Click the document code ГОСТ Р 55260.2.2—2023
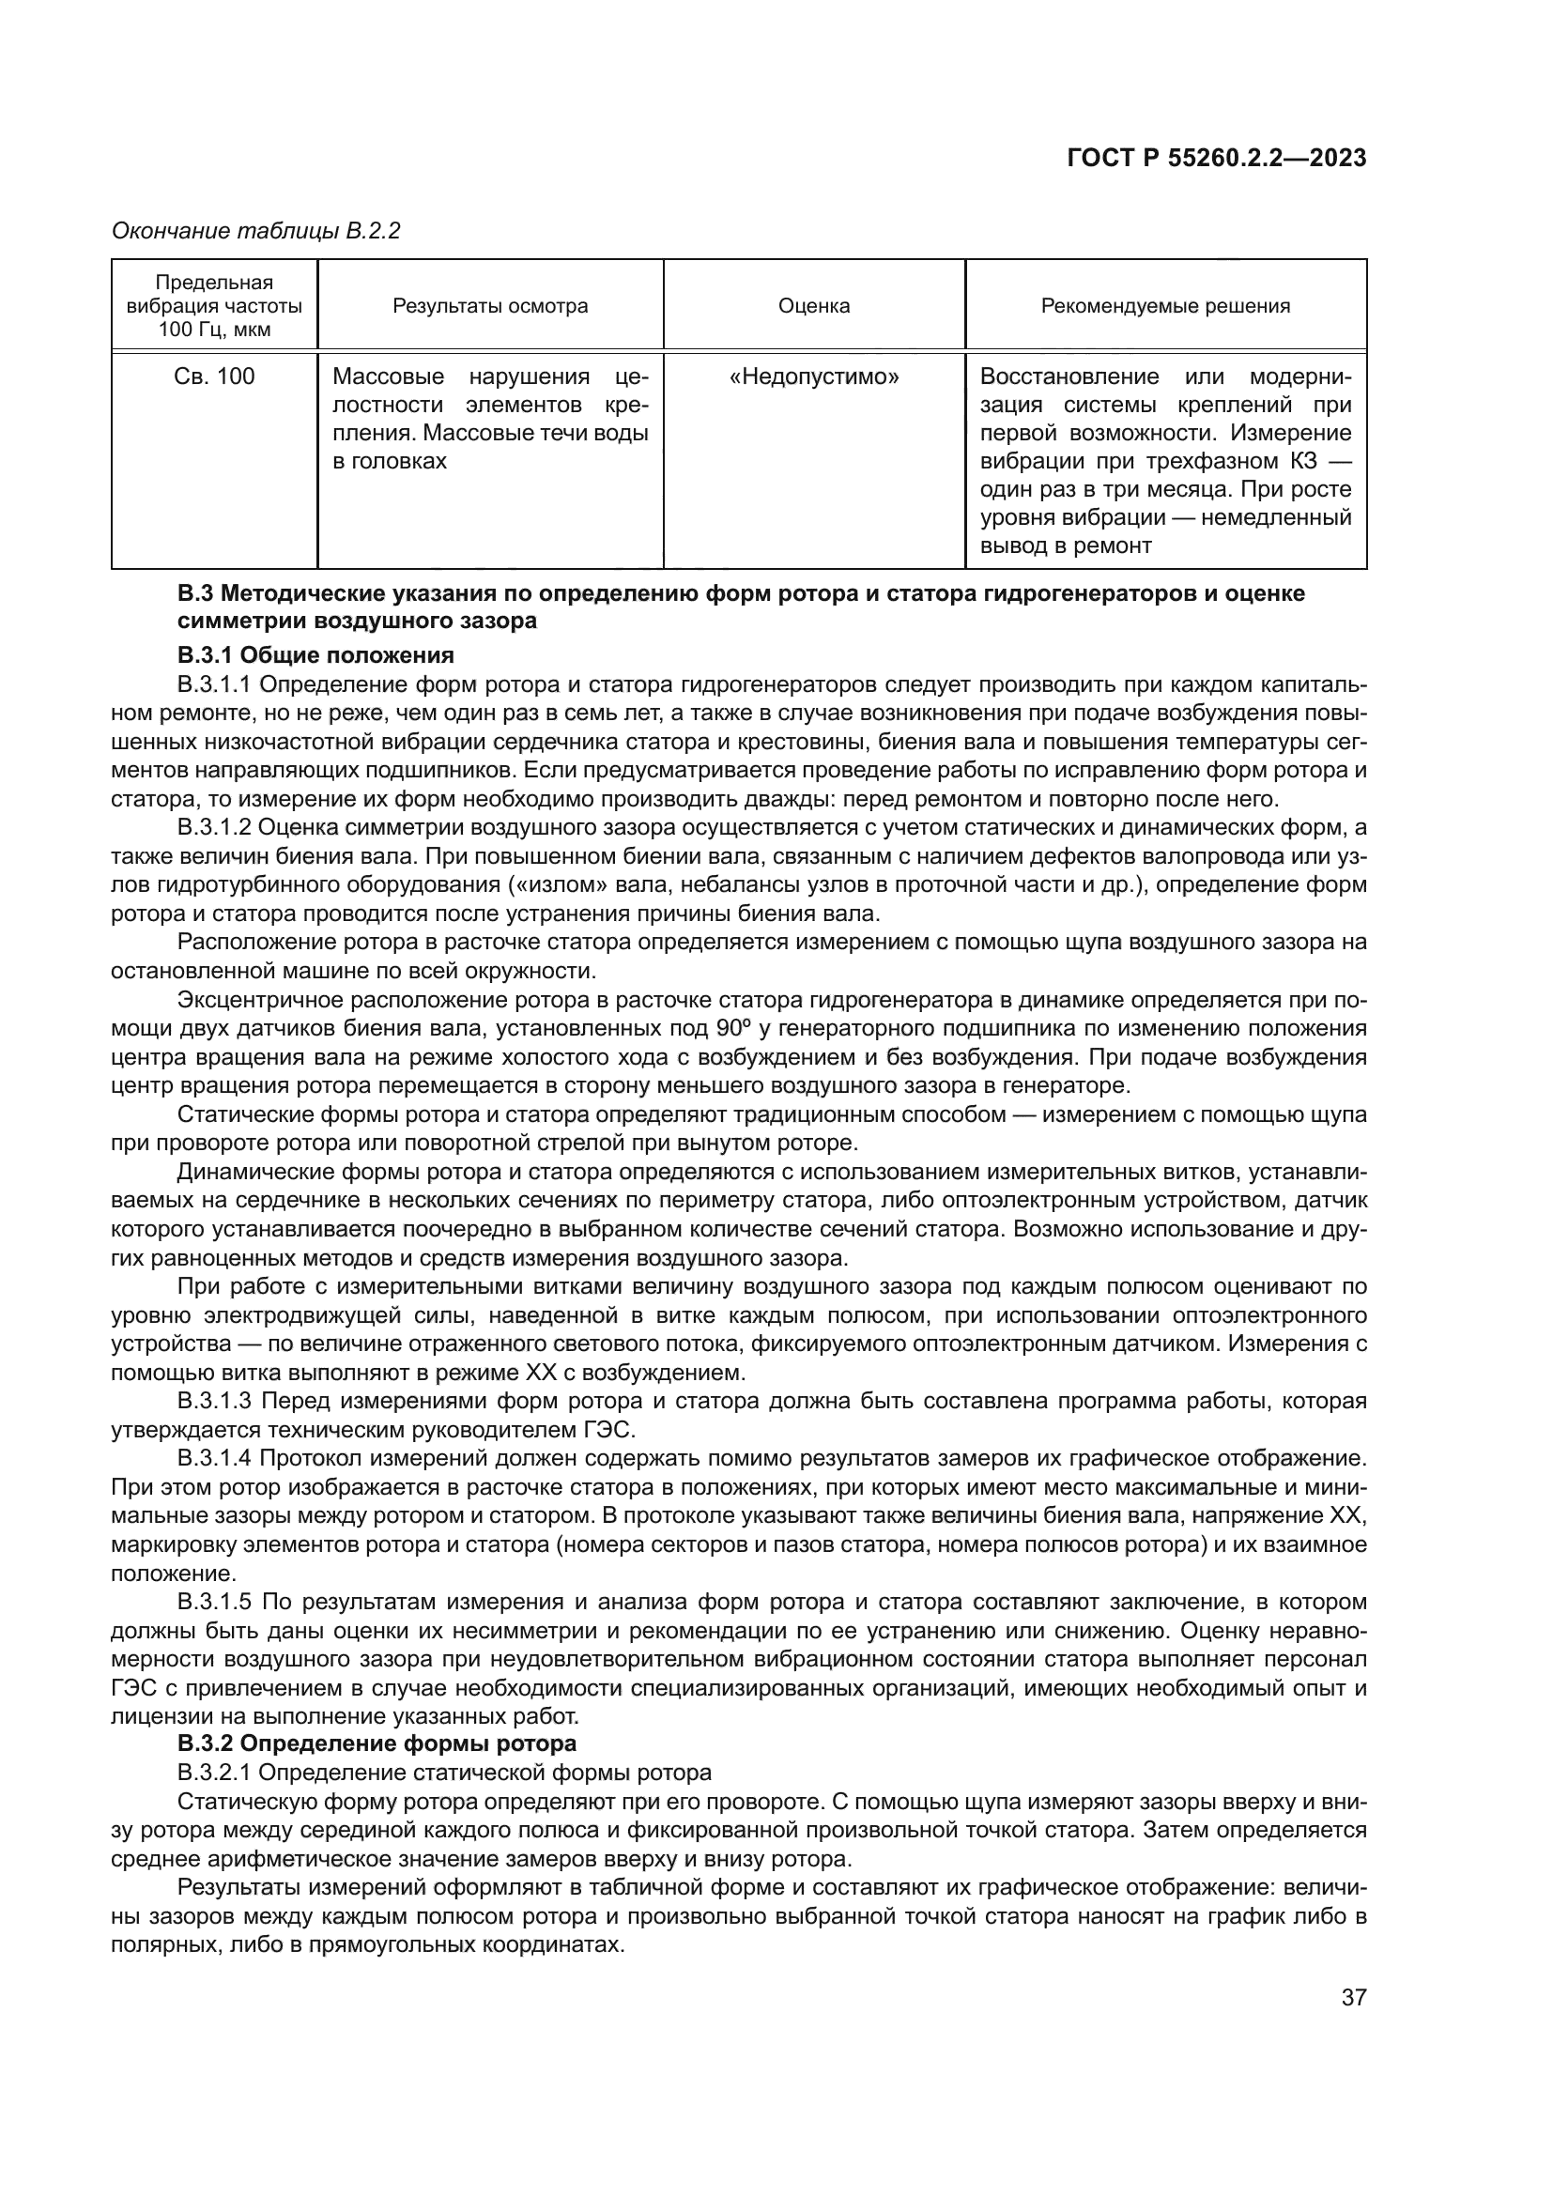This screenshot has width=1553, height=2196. [x=1215, y=159]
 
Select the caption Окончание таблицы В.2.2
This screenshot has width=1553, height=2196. [x=255, y=231]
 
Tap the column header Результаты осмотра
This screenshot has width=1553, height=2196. [x=489, y=306]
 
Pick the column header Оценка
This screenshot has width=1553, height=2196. [x=814, y=306]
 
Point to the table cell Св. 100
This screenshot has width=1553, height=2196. [x=214, y=376]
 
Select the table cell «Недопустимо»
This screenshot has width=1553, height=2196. [x=814, y=376]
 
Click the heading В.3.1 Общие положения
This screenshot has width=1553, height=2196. [x=315, y=655]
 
